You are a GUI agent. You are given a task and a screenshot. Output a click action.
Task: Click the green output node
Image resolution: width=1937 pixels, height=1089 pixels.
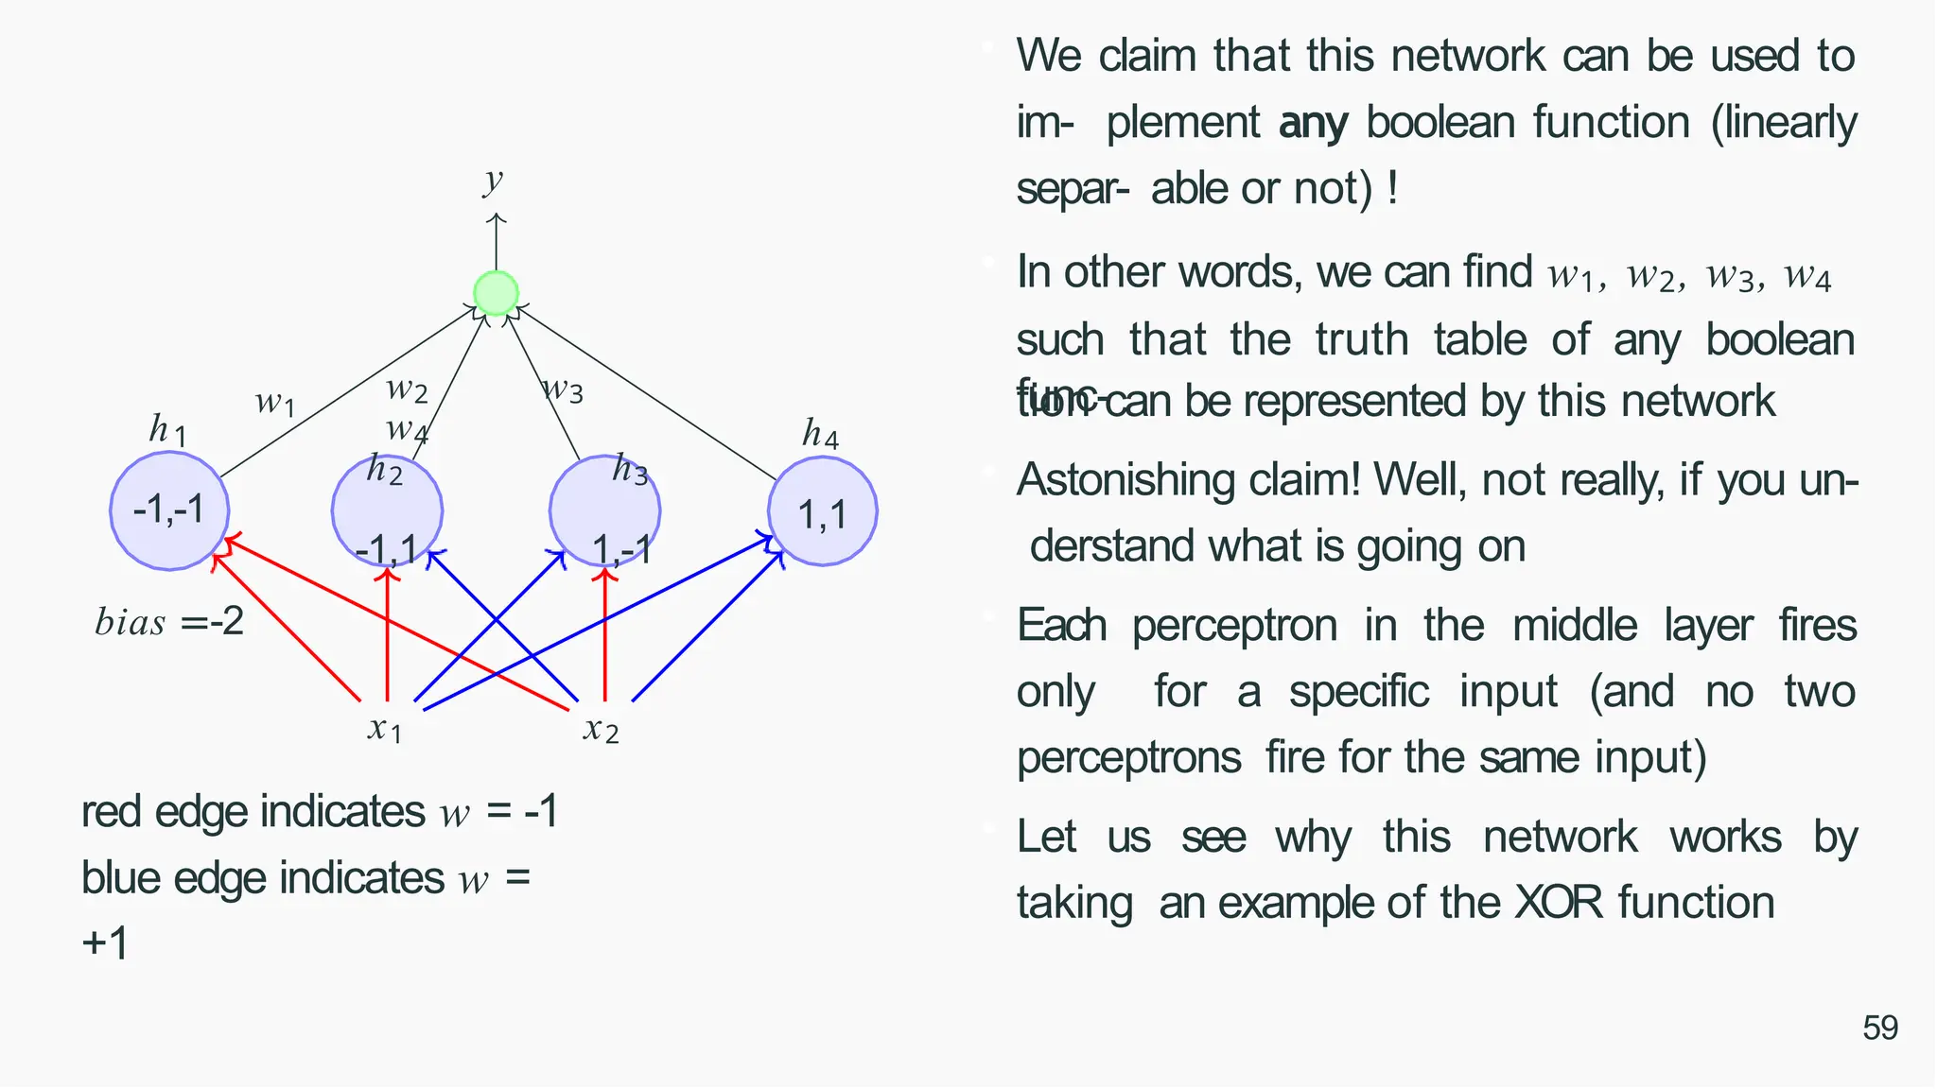pos(496,293)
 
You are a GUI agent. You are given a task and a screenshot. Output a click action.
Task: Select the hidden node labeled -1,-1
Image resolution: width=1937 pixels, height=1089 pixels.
pos(169,510)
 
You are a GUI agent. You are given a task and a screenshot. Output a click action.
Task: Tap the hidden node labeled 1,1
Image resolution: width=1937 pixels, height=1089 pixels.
pos(822,511)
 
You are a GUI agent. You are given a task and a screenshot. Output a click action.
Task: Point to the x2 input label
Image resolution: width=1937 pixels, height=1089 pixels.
pos(602,729)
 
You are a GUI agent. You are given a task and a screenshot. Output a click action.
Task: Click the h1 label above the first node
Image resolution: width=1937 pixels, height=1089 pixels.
pos(167,431)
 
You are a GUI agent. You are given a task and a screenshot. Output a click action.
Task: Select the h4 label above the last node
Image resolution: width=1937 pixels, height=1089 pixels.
pos(820,434)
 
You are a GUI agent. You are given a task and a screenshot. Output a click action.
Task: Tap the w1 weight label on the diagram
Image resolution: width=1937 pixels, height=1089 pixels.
pos(275,403)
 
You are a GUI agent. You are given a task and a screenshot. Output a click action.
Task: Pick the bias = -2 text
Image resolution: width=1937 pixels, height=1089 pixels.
pos(169,622)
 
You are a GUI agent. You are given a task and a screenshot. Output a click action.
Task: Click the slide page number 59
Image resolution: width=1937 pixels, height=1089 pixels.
pos(1879,1028)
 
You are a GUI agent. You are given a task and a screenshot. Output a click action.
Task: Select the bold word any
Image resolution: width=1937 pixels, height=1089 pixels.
pos(1313,123)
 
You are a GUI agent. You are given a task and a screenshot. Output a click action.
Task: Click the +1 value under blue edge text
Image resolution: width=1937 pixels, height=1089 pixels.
pos(105,943)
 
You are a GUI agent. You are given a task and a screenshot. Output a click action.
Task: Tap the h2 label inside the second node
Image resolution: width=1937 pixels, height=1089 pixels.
pos(385,469)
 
